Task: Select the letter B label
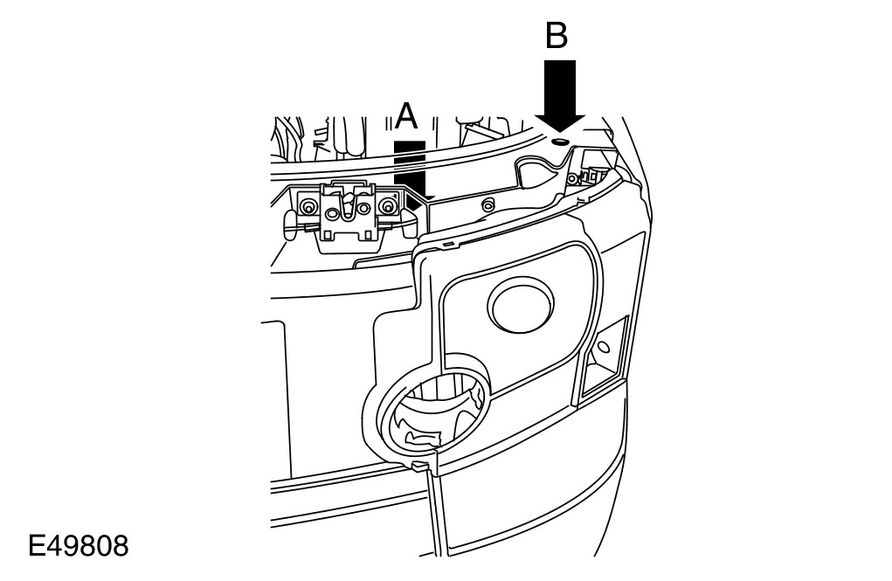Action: (557, 36)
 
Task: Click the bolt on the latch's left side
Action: (308, 206)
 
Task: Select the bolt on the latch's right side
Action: (384, 206)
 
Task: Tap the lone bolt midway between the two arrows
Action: (488, 204)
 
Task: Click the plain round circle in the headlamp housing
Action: (523, 307)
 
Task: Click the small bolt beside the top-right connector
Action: (572, 178)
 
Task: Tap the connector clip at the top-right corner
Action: (596, 174)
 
